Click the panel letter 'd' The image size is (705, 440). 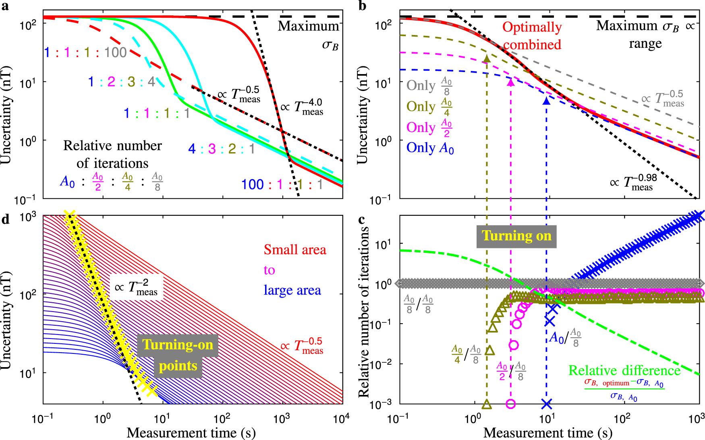[x=5, y=220]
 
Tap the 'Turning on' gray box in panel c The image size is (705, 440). [x=516, y=236]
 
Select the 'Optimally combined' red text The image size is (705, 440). [x=532, y=35]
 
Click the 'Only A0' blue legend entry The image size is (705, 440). [x=430, y=148]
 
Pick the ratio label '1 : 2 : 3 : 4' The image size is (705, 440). [x=122, y=82]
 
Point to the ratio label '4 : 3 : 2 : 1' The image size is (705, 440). [x=222, y=149]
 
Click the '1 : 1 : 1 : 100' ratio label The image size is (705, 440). [x=85, y=52]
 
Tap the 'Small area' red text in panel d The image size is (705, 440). [x=294, y=250]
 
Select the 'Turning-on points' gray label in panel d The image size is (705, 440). [x=177, y=355]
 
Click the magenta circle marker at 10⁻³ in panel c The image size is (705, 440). [x=510, y=403]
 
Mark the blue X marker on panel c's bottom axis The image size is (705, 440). [x=546, y=403]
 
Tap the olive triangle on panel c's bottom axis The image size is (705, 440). [x=487, y=404]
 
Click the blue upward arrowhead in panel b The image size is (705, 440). [x=546, y=101]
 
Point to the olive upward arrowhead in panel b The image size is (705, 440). [x=487, y=58]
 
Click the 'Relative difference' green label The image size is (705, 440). [x=624, y=370]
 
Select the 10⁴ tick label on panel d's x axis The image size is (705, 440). [x=341, y=419]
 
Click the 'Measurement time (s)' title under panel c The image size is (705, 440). [x=547, y=433]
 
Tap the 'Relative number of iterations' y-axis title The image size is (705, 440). [x=364, y=312]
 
